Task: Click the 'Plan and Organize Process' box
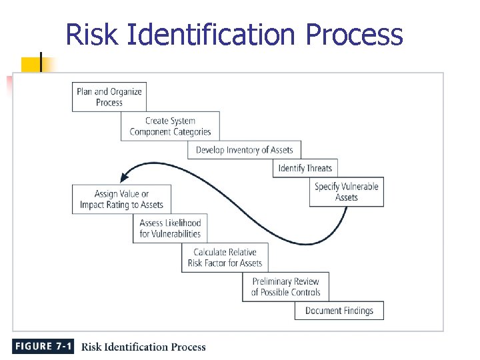[x=109, y=97]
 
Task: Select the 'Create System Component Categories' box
[x=170, y=126]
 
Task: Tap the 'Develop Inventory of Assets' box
[x=244, y=150]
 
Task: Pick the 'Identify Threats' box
[x=305, y=168]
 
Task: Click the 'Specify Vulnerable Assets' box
[x=347, y=191]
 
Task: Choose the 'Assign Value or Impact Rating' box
[x=121, y=199]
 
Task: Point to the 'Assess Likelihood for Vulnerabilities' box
[x=170, y=228]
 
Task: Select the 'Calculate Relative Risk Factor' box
[x=225, y=257]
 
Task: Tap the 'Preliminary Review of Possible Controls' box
[x=285, y=287]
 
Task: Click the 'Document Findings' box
[x=339, y=311]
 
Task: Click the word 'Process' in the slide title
[x=354, y=35]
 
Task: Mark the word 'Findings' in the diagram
[x=357, y=311]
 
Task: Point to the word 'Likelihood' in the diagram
[x=180, y=223]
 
